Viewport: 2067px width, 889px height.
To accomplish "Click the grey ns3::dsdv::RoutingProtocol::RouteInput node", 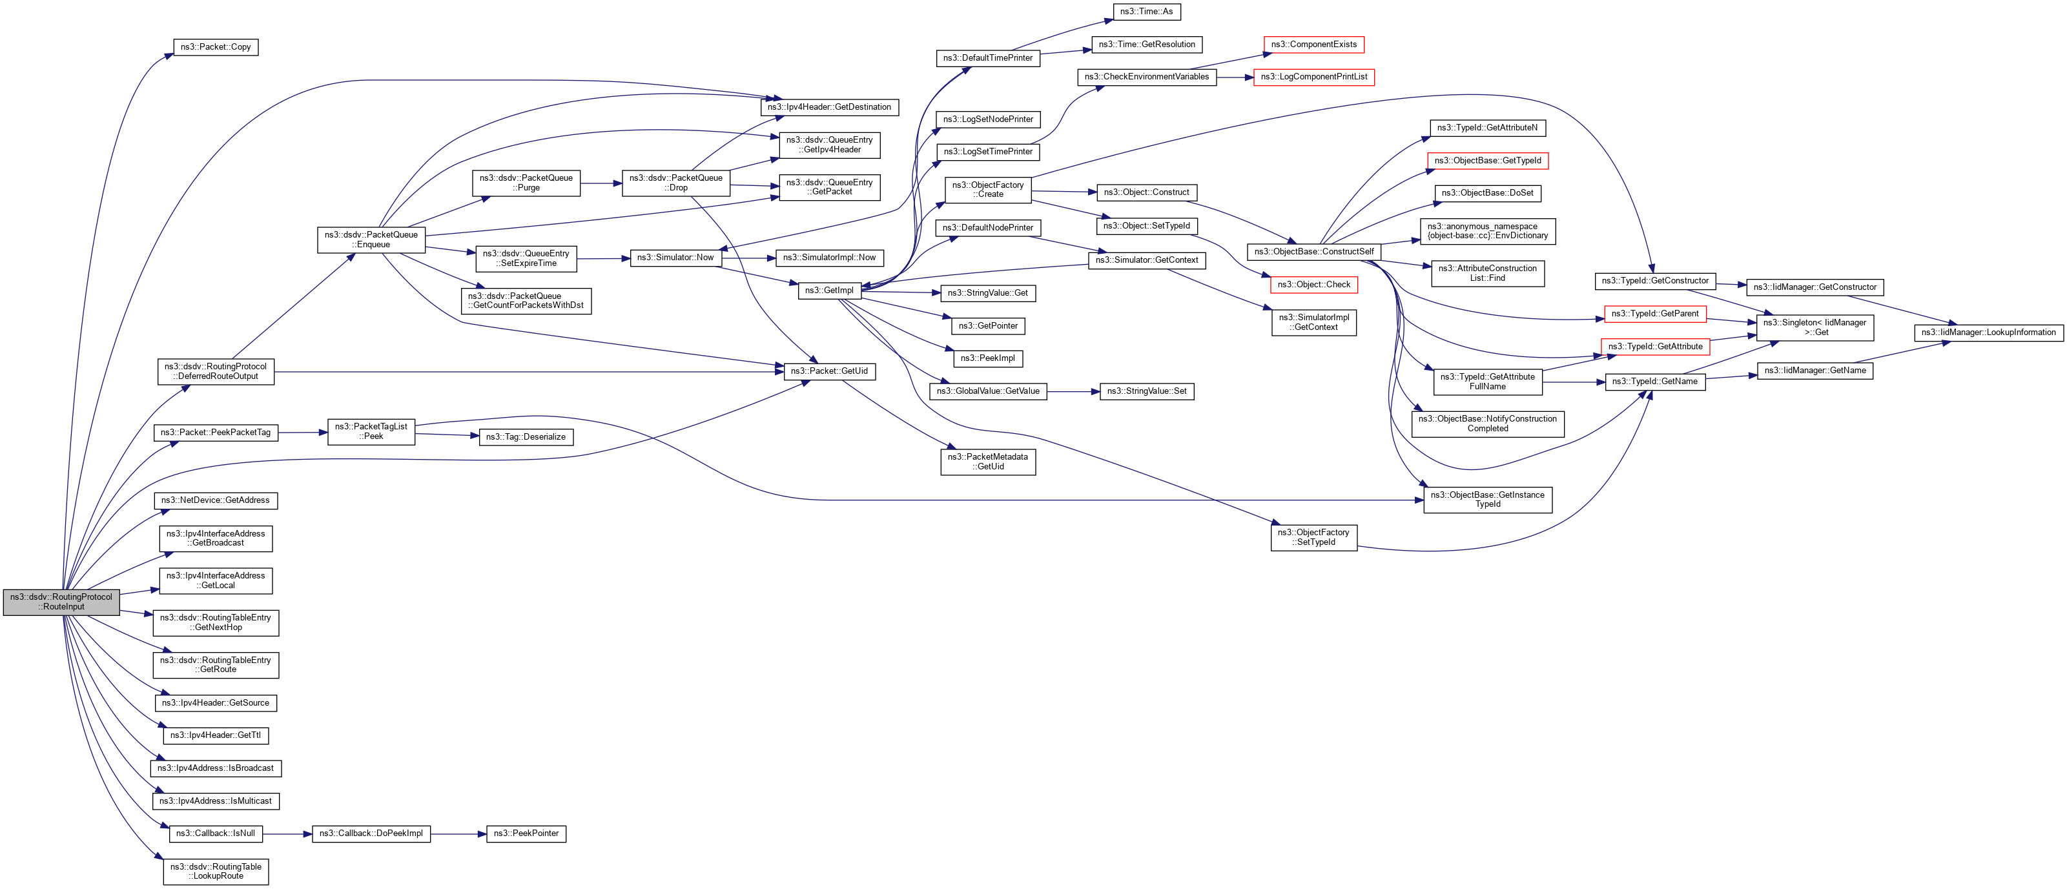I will pyautogui.click(x=61, y=602).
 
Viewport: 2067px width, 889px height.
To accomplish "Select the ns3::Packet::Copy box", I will pyautogui.click(x=215, y=47).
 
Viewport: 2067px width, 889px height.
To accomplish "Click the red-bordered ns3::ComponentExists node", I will pyautogui.click(x=1313, y=45).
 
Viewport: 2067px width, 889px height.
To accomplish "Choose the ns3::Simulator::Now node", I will pyautogui.click(x=675, y=258).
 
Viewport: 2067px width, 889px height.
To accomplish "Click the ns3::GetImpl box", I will pyautogui.click(x=829, y=291).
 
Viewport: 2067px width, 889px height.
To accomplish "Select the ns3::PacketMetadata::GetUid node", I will pyautogui.click(x=987, y=462).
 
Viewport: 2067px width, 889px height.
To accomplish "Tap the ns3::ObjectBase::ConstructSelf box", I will pyautogui.click(x=1313, y=252).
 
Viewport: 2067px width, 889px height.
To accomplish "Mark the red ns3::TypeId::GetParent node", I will pyautogui.click(x=1654, y=314).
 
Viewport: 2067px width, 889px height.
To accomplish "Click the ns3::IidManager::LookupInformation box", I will pyautogui.click(x=1988, y=333).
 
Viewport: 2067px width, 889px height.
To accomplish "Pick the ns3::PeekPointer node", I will pyautogui.click(x=526, y=833).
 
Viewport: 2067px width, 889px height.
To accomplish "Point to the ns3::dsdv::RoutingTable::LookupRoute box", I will pyautogui.click(x=216, y=872).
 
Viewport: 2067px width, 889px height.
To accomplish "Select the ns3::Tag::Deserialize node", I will pyautogui.click(x=526, y=437).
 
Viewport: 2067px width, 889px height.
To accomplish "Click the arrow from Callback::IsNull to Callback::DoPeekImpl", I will pyautogui.click(x=287, y=834).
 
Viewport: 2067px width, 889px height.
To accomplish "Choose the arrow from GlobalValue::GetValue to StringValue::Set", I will pyautogui.click(x=1073, y=391).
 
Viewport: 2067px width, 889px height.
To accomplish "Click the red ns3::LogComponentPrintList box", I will pyautogui.click(x=1313, y=77).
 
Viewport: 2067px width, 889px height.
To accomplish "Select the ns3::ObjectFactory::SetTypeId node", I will pyautogui.click(x=1313, y=538).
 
